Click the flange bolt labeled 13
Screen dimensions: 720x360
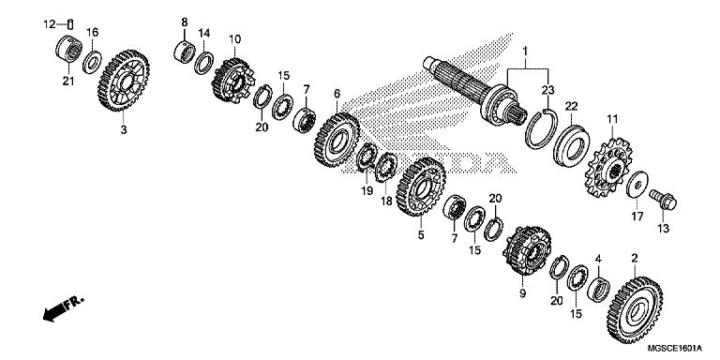click(x=663, y=200)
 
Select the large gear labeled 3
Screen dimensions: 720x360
click(x=124, y=81)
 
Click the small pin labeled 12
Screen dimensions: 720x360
click(x=70, y=23)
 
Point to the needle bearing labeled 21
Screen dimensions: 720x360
click(x=68, y=49)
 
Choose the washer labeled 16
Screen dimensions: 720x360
click(x=92, y=62)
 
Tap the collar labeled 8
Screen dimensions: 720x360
click(x=184, y=52)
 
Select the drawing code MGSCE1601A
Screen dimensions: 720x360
click(x=675, y=349)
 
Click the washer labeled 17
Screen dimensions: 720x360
click(x=637, y=184)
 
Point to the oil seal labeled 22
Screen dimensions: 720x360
click(x=571, y=146)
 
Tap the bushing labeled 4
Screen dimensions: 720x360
click(x=599, y=290)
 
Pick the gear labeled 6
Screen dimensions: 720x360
click(x=337, y=140)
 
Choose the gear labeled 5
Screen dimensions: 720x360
click(x=420, y=187)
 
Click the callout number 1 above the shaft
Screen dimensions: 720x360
click(x=525, y=50)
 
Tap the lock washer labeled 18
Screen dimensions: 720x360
click(x=386, y=167)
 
